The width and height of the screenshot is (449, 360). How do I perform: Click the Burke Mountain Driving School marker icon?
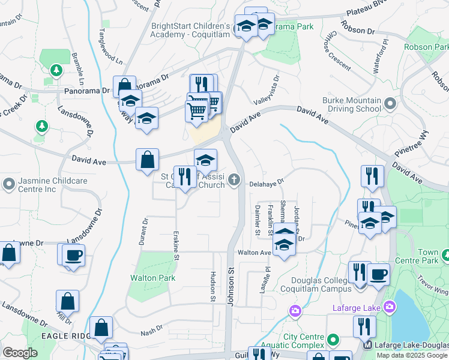(x=390, y=104)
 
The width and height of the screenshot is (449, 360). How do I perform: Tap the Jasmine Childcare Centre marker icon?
(x=8, y=182)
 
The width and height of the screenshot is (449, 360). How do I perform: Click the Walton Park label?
(x=153, y=278)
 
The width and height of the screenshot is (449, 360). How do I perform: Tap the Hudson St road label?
(x=213, y=286)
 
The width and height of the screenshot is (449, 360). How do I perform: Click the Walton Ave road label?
(x=254, y=253)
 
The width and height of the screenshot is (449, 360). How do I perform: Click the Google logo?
(x=20, y=353)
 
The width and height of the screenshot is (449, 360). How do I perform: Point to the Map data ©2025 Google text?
(x=412, y=355)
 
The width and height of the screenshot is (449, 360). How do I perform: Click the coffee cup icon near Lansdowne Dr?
(x=73, y=255)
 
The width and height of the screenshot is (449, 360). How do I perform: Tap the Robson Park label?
(x=426, y=47)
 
